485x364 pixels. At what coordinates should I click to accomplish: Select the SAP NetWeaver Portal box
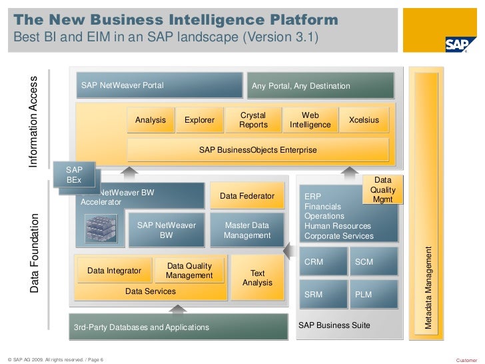point(159,85)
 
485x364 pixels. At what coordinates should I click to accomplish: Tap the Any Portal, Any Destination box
point(320,86)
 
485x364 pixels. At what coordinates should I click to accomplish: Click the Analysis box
point(151,121)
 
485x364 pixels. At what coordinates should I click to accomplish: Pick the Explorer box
point(199,121)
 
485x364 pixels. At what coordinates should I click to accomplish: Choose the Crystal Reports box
point(252,120)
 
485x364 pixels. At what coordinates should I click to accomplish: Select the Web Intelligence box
point(310,120)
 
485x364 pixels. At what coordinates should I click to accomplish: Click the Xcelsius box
point(364,121)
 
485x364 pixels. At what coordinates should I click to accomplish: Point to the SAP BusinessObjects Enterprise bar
point(257,150)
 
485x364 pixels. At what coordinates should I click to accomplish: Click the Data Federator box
point(247,196)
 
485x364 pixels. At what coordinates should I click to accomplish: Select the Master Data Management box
point(247,231)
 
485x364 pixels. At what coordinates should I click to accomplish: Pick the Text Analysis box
point(257,278)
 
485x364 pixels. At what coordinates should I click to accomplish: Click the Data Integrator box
point(114,271)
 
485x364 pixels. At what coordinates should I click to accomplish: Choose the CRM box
point(322,262)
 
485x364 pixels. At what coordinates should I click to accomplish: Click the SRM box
point(322,294)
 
